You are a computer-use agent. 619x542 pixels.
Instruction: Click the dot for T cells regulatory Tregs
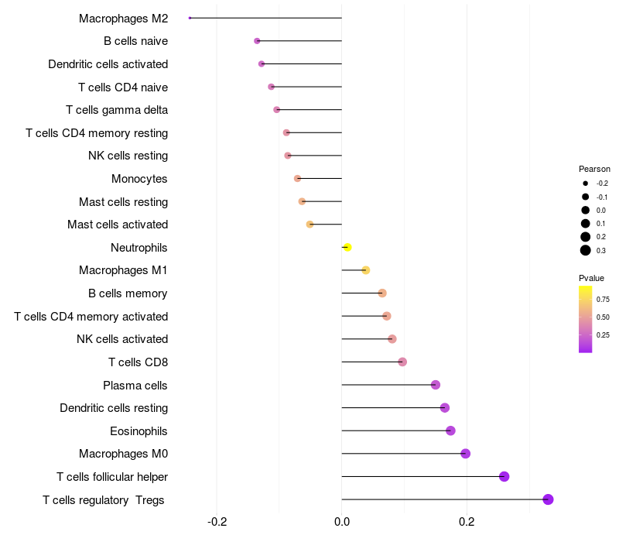548,499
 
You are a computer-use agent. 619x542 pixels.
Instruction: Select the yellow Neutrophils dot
347,247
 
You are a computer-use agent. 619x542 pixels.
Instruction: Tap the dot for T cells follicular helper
504,476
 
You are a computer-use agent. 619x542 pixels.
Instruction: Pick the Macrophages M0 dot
465,454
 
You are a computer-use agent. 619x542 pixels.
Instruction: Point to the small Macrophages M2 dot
190,18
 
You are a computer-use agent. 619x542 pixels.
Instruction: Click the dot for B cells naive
257,41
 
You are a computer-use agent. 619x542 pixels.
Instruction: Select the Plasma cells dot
435,385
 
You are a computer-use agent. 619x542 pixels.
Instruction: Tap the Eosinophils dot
450,431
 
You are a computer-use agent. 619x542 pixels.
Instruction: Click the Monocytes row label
139,179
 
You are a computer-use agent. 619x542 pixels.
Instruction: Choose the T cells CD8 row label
138,362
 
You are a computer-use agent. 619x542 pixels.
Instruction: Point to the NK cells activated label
122,339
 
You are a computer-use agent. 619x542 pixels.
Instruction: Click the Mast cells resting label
123,202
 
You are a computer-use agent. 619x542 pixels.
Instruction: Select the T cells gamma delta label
117,110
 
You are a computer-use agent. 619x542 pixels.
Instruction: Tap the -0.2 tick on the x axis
217,522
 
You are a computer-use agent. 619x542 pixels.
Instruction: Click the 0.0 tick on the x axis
342,522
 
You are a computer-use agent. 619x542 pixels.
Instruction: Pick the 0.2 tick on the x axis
467,522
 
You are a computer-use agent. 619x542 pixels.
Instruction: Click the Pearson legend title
594,169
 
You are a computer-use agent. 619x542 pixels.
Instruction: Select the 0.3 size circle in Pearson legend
586,250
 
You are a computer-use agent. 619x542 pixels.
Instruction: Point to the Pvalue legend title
591,278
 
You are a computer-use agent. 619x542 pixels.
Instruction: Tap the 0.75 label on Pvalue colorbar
603,300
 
